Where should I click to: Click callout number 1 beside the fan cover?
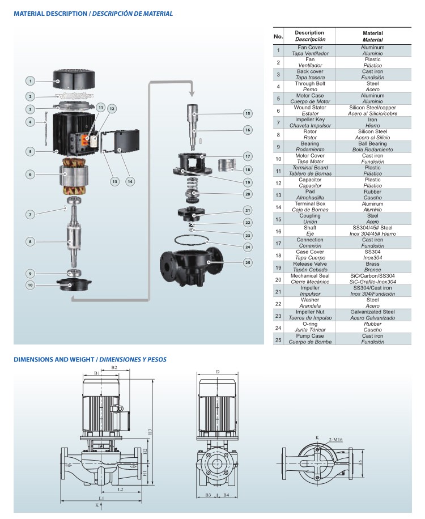[x=31, y=81]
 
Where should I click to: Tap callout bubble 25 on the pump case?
[x=248, y=262]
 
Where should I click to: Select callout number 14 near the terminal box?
[x=130, y=181]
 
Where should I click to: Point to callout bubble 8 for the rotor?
[x=31, y=242]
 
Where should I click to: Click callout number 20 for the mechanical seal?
[x=248, y=194]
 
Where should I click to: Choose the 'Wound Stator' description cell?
[x=309, y=110]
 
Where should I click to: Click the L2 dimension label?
[x=120, y=489]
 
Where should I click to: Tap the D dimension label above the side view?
[x=218, y=372]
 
